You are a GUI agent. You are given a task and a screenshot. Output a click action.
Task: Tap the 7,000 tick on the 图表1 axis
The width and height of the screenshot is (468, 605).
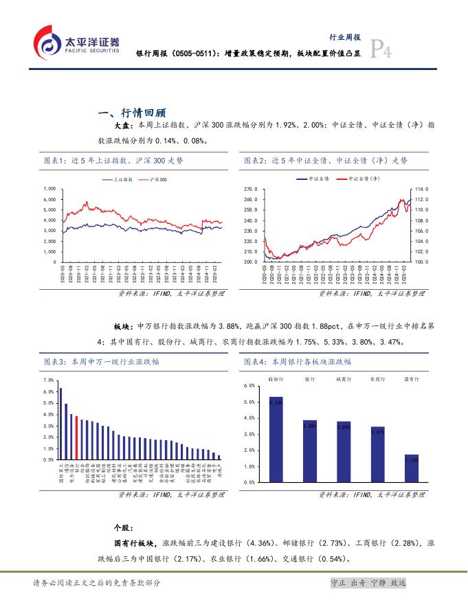coord(49,188)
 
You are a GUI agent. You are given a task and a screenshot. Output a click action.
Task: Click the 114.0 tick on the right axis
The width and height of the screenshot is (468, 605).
coord(422,188)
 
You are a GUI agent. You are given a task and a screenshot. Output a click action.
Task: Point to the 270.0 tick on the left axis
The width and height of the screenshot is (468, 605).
coord(251,188)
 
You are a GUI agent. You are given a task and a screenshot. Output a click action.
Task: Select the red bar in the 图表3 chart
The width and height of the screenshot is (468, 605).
coord(76,437)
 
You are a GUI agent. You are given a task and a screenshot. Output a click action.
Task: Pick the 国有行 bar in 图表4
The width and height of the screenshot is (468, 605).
coord(411,468)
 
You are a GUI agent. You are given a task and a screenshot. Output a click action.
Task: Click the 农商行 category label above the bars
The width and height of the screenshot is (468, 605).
coord(377,378)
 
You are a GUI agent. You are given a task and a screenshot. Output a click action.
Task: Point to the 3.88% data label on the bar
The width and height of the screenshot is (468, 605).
coord(309,426)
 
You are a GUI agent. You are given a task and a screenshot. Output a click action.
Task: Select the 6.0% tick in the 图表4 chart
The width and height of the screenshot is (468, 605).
coord(250,386)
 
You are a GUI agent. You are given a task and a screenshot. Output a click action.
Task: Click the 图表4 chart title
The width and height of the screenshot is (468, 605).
coord(298,361)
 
